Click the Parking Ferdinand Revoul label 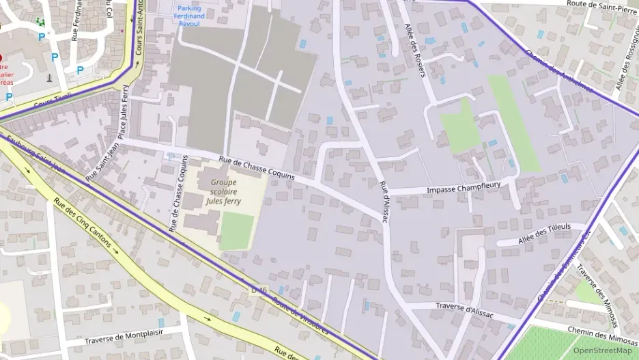click(188, 16)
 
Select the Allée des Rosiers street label click(414, 49)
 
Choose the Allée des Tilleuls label click(544, 232)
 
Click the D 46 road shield click(258, 290)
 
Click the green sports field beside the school click(236, 231)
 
